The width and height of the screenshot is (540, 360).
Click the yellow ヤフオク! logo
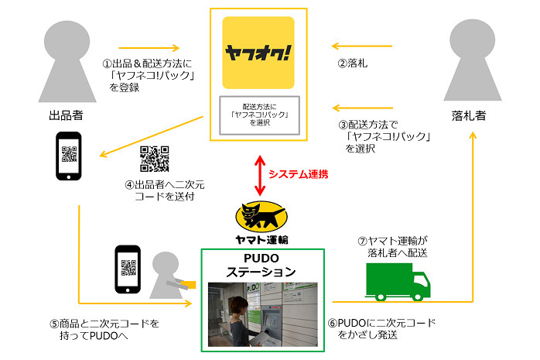tap(258, 53)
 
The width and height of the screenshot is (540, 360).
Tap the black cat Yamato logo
tap(261, 216)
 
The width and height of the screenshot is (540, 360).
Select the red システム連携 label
tap(299, 174)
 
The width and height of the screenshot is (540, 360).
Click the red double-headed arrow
tap(260, 175)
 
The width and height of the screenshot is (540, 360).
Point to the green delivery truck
tap(398, 282)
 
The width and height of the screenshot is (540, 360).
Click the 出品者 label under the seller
tap(66, 115)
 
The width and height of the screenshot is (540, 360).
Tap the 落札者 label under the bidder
tap(469, 115)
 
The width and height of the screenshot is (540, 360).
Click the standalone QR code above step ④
tap(154, 159)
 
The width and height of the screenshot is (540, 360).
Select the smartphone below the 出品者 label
tap(69, 156)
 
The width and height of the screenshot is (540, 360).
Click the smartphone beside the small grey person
tap(128, 269)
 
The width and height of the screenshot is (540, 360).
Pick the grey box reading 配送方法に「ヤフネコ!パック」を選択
tap(260, 115)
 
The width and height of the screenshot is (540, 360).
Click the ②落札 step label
tap(353, 63)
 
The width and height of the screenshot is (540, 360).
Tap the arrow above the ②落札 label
tap(362, 46)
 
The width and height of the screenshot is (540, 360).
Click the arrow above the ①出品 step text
tap(149, 48)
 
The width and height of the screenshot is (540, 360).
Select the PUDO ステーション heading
tap(261, 266)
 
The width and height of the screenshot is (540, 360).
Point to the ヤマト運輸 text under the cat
tap(261, 239)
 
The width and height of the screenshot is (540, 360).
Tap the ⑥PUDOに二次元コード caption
tap(382, 329)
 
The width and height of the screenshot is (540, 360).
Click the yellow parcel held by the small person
tap(188, 285)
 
